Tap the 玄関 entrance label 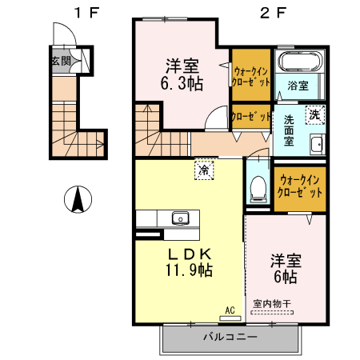coord(60,61)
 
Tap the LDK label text coord(189,254)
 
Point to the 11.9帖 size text coord(189,270)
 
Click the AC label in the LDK coord(229,310)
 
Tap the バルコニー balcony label coord(230,338)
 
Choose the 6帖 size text coord(285,277)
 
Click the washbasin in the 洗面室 coord(315,145)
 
